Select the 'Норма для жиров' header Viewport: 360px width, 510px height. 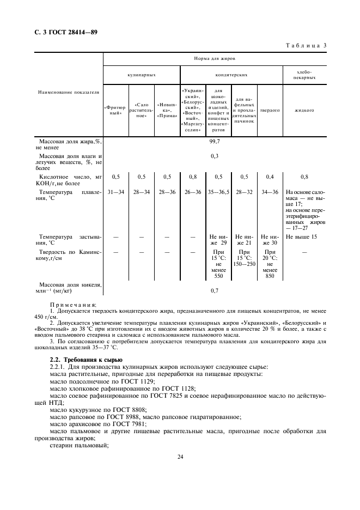pos(215,58)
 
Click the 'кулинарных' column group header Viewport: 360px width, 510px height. pos(142,75)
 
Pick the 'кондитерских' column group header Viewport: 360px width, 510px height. pos(231,75)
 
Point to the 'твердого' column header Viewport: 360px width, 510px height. pos(270,110)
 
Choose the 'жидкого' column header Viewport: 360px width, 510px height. pos(304,110)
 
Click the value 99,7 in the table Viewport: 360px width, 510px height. pos(215,141)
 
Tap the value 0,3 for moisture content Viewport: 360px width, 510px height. pos(215,156)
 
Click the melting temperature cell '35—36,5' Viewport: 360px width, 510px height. pos(218,192)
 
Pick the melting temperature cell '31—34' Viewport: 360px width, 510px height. pos(116,192)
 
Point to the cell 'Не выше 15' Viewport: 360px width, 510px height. pos(302,237)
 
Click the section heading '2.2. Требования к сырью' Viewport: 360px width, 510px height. pos(86,360)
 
